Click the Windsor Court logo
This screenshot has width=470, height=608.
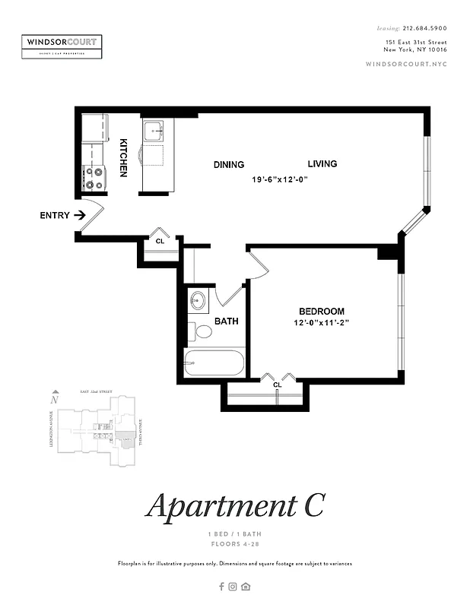62,46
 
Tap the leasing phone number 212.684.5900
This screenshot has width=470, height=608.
426,27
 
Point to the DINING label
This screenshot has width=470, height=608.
228,165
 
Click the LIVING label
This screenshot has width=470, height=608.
322,164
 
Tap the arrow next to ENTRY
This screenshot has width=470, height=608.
79,216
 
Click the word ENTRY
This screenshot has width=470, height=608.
54,216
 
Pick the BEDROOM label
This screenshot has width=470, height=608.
321,312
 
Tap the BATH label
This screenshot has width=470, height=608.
226,321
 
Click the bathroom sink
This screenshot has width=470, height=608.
199,300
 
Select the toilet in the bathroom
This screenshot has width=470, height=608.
202,331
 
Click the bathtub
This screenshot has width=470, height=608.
214,363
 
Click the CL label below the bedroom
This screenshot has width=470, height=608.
277,385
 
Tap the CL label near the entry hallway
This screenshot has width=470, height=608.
160,241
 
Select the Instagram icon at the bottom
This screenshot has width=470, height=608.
233,586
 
